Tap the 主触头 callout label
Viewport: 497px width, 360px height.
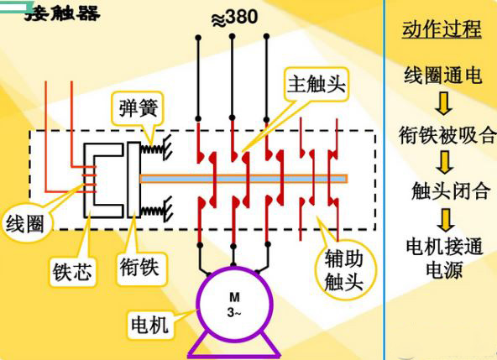316,84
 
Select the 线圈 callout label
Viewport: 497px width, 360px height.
25,224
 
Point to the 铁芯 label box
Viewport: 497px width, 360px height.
72,272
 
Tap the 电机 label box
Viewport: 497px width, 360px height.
149,324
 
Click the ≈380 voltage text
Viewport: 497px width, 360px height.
234,18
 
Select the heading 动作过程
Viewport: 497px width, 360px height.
442,29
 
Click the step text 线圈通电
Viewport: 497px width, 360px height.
442,76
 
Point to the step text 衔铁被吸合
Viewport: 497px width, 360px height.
447,134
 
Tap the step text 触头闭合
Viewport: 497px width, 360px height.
450,190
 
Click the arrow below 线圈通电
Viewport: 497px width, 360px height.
444,103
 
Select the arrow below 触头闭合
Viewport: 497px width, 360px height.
446,220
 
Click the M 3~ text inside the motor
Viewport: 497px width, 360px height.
234,305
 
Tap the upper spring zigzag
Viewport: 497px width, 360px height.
152,149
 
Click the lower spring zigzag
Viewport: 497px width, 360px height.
153,211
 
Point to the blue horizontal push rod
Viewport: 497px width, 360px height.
243,179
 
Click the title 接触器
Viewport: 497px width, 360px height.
62,13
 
